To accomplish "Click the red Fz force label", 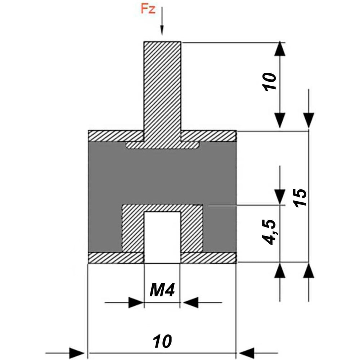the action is tap(148, 9).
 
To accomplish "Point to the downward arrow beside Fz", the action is tap(162, 21).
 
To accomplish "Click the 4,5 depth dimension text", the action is tap(269, 232).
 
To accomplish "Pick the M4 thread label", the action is tap(162, 290).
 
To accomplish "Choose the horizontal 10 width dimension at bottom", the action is tap(162, 341).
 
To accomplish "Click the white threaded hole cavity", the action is tap(162, 237).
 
